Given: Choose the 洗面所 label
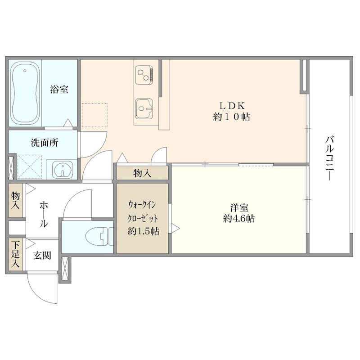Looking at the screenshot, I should (x=44, y=143).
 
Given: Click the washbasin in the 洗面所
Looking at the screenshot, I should (x=61, y=170).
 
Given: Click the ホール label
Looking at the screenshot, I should (x=44, y=214).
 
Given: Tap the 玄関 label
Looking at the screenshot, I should (x=42, y=256).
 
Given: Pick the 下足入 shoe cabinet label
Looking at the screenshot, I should (x=15, y=255).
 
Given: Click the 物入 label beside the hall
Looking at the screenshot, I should (x=15, y=201).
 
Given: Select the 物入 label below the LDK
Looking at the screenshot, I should (x=142, y=173).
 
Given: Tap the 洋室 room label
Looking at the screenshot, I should (x=239, y=208).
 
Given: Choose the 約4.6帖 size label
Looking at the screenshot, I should (x=239, y=219).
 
